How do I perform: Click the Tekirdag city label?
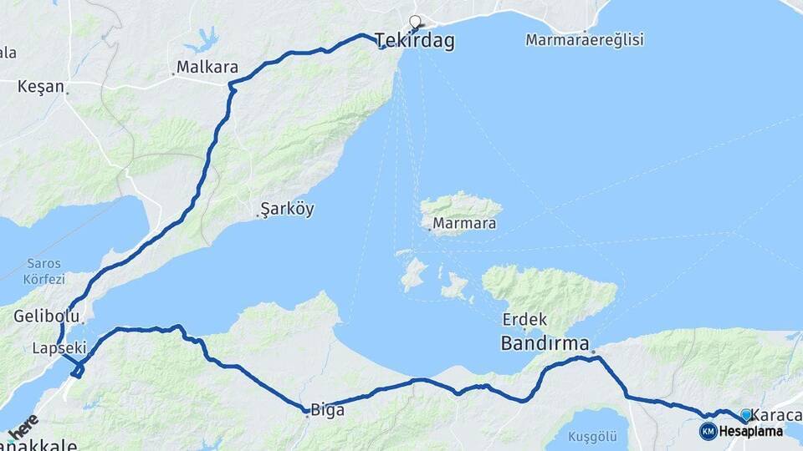(416, 42)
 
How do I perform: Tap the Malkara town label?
(207, 68)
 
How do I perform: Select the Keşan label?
(41, 86)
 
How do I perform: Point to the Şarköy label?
(287, 209)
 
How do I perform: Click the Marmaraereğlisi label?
(585, 39)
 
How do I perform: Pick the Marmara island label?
(463, 224)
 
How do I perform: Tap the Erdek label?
(524, 319)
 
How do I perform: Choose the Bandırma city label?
(544, 343)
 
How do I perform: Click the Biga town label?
(327, 410)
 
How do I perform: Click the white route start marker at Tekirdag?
(415, 23)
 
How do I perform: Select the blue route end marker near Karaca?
(746, 414)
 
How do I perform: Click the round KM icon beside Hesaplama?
(708, 431)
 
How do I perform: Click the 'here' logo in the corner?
(24, 428)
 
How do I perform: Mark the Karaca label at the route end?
(777, 415)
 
